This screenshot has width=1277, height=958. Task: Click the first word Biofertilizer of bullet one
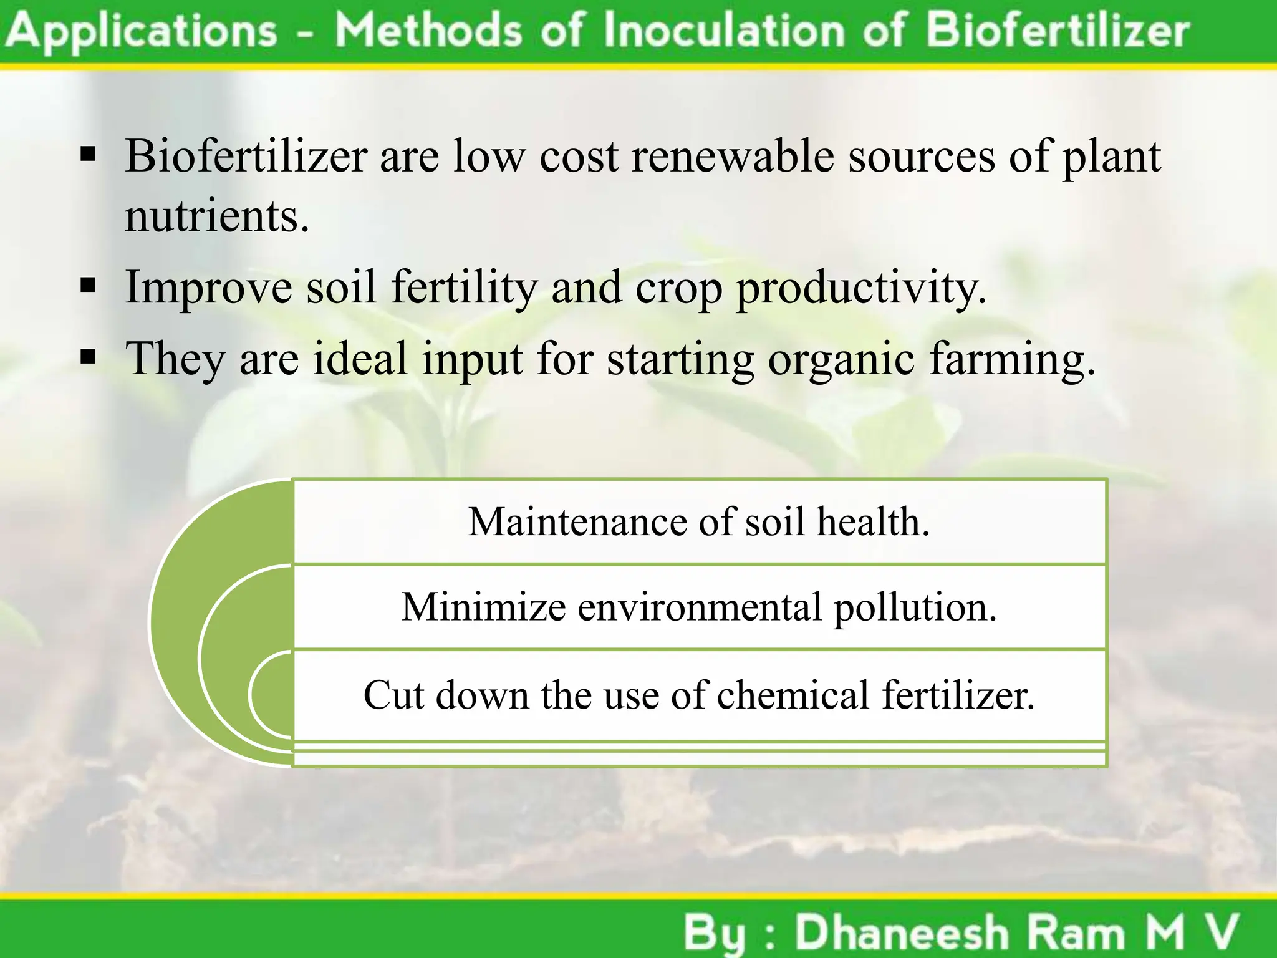click(x=246, y=156)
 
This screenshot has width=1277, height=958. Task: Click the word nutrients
click(x=216, y=216)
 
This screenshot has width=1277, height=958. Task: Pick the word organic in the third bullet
click(x=841, y=360)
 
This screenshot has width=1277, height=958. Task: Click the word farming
click(x=1011, y=360)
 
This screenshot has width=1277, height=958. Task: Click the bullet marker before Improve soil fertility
click(x=89, y=286)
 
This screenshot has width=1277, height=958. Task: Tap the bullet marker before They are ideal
click(x=89, y=357)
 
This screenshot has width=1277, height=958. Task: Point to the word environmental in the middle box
click(x=700, y=607)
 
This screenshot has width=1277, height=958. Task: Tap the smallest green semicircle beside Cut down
click(x=273, y=694)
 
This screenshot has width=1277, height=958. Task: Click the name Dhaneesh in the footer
click(x=902, y=933)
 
